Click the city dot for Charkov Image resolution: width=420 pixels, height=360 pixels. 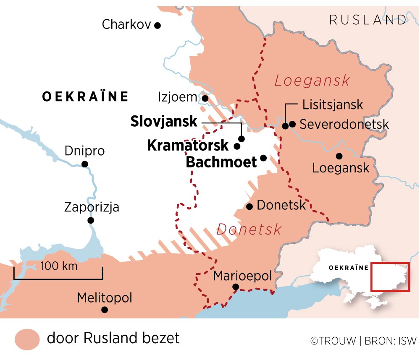(157, 25)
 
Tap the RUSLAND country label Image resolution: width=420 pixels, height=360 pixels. (367, 19)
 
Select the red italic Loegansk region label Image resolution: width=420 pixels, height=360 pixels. (312, 81)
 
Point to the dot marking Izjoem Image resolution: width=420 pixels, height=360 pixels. (205, 98)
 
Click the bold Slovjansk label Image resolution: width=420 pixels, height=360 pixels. (163, 122)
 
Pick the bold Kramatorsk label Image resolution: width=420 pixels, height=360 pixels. (188, 146)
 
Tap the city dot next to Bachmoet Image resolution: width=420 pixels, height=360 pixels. (263, 158)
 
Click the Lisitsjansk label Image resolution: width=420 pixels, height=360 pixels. (332, 104)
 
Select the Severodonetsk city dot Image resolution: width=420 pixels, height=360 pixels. (293, 124)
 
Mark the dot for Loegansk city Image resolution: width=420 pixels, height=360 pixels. (339, 156)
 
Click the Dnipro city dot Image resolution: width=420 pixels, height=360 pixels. (85, 164)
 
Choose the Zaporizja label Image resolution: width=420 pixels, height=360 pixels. (92, 207)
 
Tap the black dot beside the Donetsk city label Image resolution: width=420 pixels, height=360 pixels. (249, 206)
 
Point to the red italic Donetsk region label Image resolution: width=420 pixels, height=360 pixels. (249, 230)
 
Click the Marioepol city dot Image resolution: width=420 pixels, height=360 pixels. (236, 287)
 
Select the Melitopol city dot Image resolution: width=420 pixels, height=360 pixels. (105, 310)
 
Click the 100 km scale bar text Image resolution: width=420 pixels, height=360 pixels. (59, 266)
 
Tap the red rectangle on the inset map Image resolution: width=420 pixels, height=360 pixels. (390, 277)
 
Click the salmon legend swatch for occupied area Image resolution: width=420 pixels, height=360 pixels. (27, 339)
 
